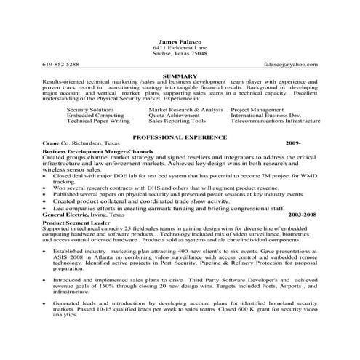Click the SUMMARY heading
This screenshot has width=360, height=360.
180,76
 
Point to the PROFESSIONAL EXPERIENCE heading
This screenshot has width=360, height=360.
180,137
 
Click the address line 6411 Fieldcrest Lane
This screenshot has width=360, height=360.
180,47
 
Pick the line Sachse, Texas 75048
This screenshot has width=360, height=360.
180,53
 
